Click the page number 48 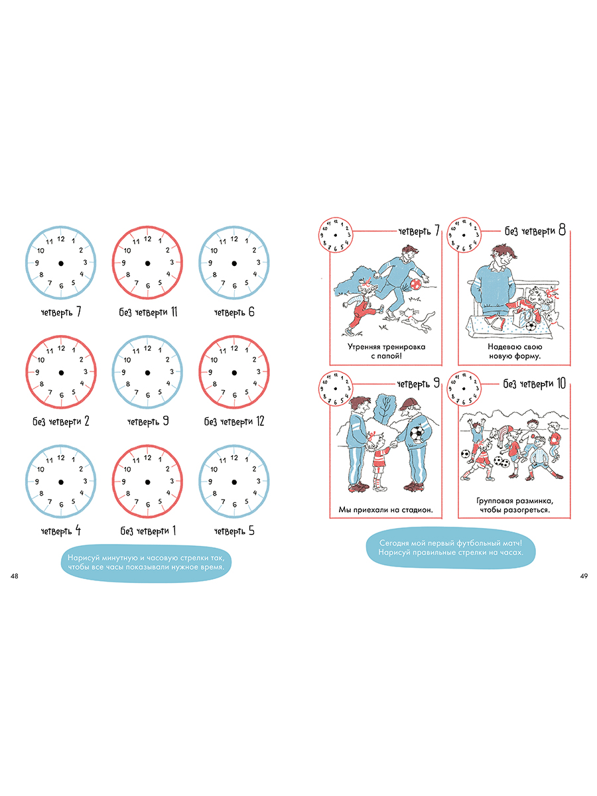pyautogui.click(x=14, y=576)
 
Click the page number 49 pyautogui.click(x=584, y=576)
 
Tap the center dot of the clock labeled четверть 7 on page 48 pyautogui.click(x=61, y=263)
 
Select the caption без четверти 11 pyautogui.click(x=148, y=312)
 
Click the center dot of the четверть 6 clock pyautogui.click(x=234, y=263)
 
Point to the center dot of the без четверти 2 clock pyautogui.click(x=61, y=373)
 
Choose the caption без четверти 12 pyautogui.click(x=234, y=421)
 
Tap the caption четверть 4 pyautogui.click(x=61, y=531)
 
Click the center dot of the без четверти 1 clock pyautogui.click(x=147, y=482)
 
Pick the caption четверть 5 pyautogui.click(x=234, y=531)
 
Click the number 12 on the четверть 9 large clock pyautogui.click(x=147, y=348)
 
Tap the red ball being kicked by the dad pyautogui.click(x=415, y=284)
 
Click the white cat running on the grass pyautogui.click(x=417, y=318)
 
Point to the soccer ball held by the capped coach pyautogui.click(x=418, y=434)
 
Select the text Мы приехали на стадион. pyautogui.click(x=385, y=510)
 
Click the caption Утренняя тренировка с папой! pyautogui.click(x=387, y=351)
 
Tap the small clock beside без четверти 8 pyautogui.click(x=464, y=235)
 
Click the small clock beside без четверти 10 pyautogui.click(x=464, y=389)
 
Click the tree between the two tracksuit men pyautogui.click(x=385, y=408)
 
